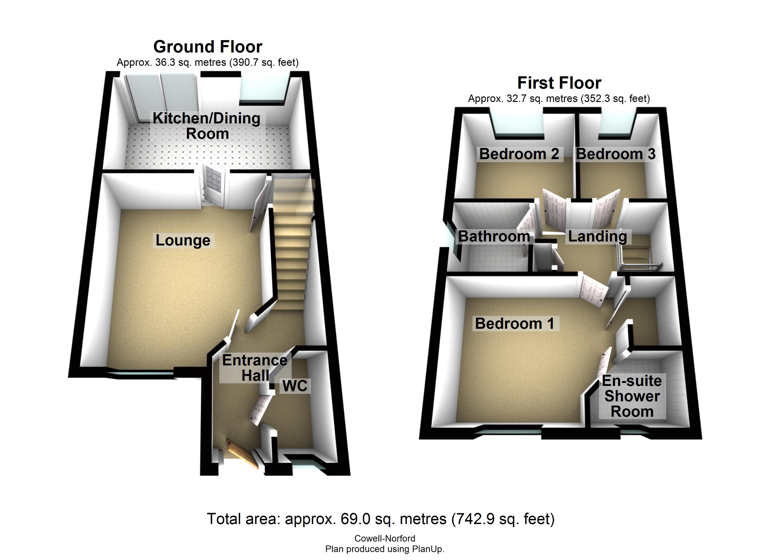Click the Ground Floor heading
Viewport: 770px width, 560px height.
208,47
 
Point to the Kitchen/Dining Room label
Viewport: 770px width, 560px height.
207,126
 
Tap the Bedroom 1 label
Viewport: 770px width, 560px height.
515,324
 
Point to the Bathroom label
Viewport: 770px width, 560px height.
494,237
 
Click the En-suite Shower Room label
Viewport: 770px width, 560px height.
632,396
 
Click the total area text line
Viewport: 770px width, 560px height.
381,519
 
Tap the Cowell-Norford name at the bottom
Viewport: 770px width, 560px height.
385,539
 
